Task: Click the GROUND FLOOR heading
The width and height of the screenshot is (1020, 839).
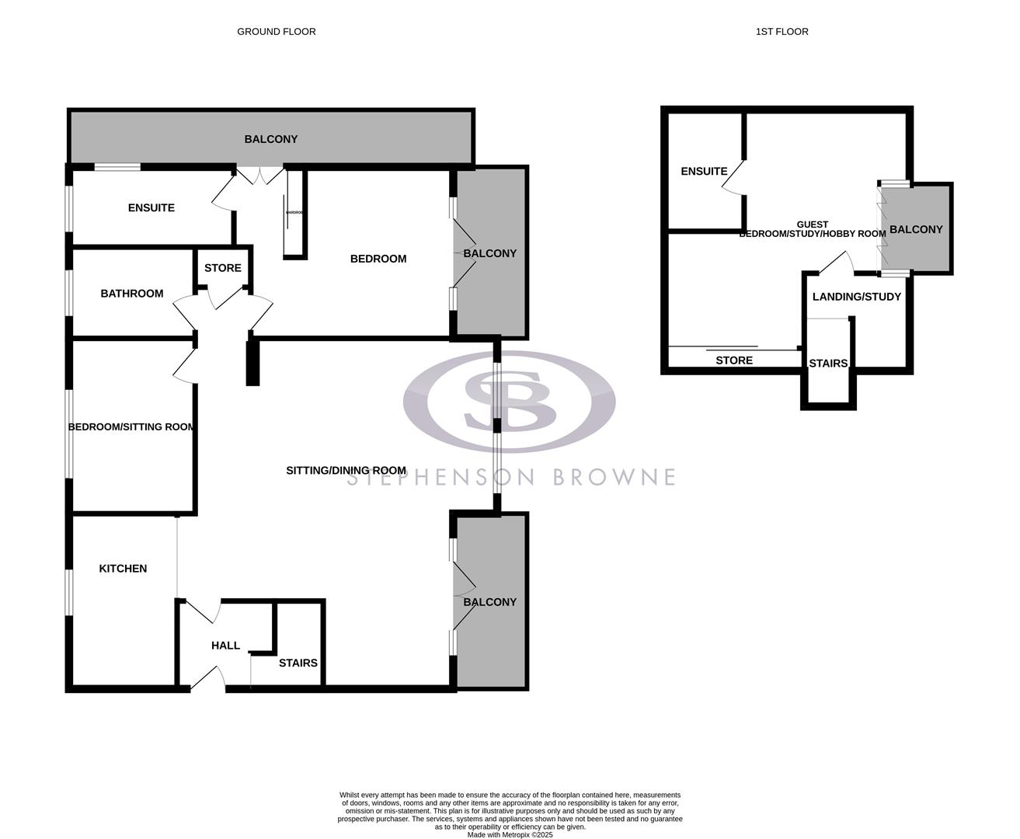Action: (277, 32)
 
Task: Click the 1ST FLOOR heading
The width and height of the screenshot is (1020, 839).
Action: (782, 32)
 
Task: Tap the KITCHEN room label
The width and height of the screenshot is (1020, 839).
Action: (123, 569)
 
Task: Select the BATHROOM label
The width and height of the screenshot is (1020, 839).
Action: (132, 294)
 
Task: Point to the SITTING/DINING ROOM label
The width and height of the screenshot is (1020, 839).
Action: (346, 470)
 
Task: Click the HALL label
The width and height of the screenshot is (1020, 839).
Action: (225, 646)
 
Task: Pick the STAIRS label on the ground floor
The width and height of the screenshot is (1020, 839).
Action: (298, 663)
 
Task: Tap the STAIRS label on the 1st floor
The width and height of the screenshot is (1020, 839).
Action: (828, 364)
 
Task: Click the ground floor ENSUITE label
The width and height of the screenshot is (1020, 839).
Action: (151, 208)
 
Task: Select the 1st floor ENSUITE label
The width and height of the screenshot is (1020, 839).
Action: (704, 171)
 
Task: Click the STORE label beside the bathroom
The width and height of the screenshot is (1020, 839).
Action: (223, 268)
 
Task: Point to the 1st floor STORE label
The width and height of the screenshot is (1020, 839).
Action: (734, 360)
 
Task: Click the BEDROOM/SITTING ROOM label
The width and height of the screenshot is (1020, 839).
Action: (131, 426)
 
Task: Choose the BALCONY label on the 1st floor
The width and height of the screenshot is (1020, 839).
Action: (916, 229)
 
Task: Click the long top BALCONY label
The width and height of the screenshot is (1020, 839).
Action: (271, 140)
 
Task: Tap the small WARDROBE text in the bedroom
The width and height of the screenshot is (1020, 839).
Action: (293, 212)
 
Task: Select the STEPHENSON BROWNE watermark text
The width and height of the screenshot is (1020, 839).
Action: (510, 477)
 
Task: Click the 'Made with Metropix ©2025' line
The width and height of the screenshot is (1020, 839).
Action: (510, 835)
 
